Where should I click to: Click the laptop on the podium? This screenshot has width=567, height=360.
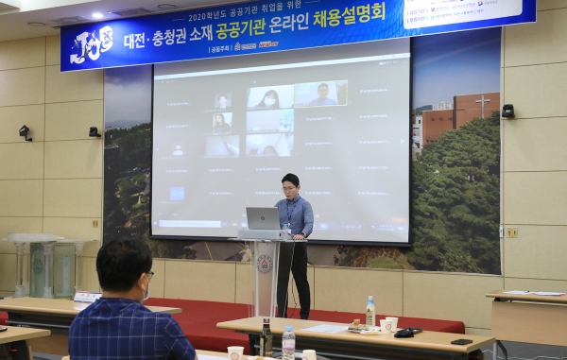263,219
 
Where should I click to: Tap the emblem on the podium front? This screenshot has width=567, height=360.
265,264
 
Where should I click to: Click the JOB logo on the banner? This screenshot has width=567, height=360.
93,43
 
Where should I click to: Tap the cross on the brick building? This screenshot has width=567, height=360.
483,104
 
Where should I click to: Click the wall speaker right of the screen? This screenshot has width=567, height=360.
508,111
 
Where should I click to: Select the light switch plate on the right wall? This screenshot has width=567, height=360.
510,231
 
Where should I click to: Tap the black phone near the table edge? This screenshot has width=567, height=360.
461,341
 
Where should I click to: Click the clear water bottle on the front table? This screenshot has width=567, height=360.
288,342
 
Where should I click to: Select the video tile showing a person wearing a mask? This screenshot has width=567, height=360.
269,98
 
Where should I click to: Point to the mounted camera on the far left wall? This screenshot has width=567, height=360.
26,133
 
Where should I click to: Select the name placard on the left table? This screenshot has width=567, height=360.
87,297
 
